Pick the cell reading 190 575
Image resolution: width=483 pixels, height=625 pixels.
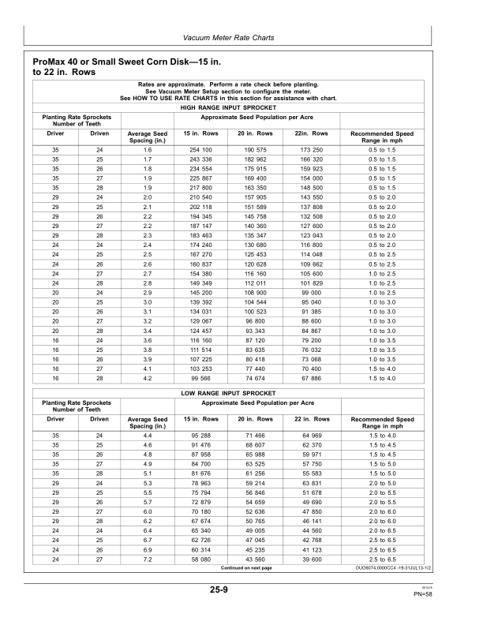click(256, 150)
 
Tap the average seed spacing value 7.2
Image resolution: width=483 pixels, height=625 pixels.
click(147, 559)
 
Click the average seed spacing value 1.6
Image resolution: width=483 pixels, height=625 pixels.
click(147, 150)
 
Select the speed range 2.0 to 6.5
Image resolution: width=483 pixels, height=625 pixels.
click(382, 530)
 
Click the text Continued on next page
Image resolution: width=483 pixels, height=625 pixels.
click(246, 568)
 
